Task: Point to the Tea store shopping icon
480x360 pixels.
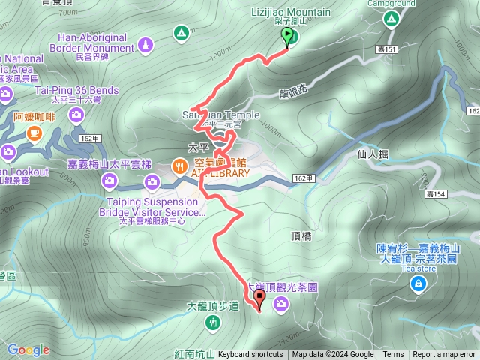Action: pyautogui.click(x=418, y=283)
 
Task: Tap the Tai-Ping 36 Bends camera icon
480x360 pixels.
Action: pyautogui.click(x=76, y=114)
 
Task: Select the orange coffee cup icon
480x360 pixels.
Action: pyautogui.click(x=33, y=133)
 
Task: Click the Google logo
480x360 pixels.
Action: pyautogui.click(x=28, y=349)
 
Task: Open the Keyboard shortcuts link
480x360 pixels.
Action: pyautogui.click(x=250, y=355)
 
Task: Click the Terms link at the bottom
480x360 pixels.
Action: pyautogui.click(x=393, y=355)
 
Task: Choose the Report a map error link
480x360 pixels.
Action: pyautogui.click(x=444, y=355)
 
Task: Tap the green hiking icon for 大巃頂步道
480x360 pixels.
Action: pyautogui.click(x=214, y=322)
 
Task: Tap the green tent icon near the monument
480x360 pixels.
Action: pyautogui.click(x=181, y=33)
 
